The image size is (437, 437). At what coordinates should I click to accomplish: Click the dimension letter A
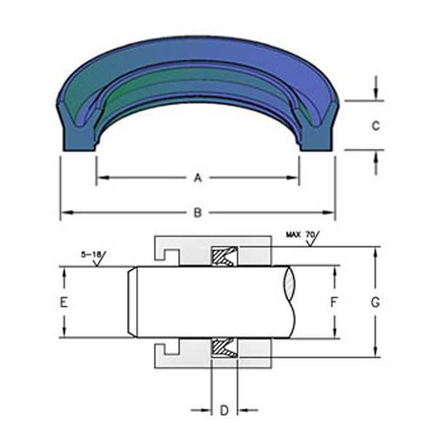click(197, 177)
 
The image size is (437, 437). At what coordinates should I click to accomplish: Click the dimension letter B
click(197, 213)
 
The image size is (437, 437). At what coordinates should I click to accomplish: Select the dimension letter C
click(375, 125)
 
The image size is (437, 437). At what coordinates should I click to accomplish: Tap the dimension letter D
click(224, 411)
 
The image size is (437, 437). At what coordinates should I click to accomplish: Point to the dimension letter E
click(64, 302)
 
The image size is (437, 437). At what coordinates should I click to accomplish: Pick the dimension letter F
click(334, 302)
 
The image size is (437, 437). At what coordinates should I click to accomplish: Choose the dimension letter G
click(375, 302)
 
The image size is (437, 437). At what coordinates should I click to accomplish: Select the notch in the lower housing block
click(170, 349)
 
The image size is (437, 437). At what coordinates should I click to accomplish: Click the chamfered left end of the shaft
click(133, 302)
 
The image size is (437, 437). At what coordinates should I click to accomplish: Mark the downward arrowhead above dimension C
click(376, 95)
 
